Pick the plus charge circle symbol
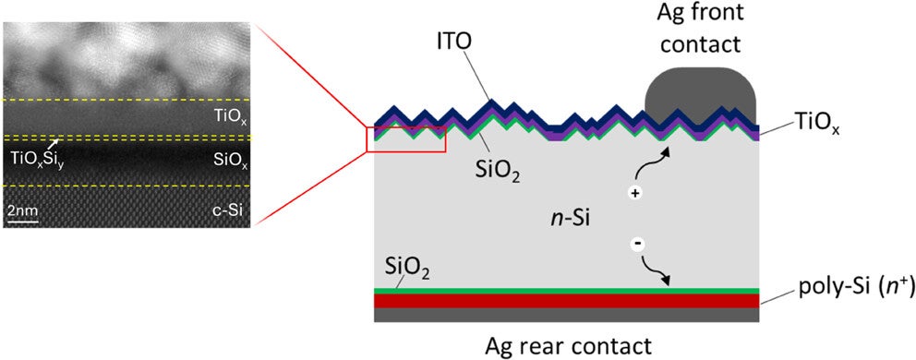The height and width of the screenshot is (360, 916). pos(635,194)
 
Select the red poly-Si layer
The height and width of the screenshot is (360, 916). pos(566,301)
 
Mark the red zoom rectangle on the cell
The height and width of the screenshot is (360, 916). pos(406,138)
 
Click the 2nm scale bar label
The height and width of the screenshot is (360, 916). pos(22,210)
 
